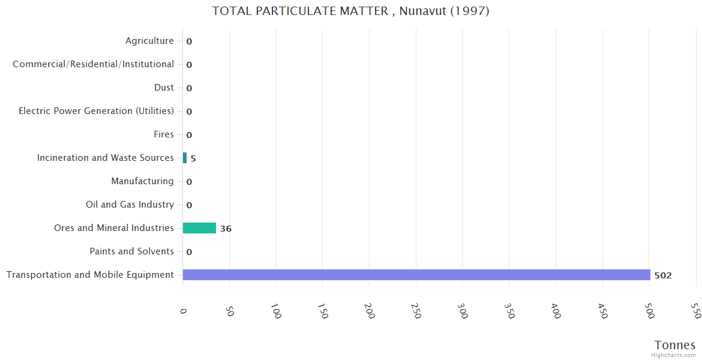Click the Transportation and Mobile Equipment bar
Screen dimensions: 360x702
pos(416,275)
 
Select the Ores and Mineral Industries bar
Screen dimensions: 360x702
pos(199,228)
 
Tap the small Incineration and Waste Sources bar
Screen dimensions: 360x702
pos(185,158)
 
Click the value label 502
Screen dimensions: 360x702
pos(663,275)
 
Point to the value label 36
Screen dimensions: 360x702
pos(226,229)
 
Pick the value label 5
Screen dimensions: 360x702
pos(193,158)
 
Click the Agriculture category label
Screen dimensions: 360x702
pos(149,41)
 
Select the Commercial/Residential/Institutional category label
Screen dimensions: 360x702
pos(93,64)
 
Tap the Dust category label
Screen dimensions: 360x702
pos(164,88)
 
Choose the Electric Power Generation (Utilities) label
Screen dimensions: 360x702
pos(96,111)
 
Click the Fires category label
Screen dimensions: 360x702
pos(164,134)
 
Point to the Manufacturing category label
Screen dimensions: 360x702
pos(142,181)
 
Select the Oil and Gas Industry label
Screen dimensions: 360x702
pos(130,205)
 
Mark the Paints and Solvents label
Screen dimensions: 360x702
pos(131,251)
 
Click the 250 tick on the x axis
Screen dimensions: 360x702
pos(416,310)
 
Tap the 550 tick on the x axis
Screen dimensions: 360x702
pos(696,310)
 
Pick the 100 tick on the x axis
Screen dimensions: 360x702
pos(276,311)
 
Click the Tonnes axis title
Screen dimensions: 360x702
pos(675,345)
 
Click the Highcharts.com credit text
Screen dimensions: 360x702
pos(674,355)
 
